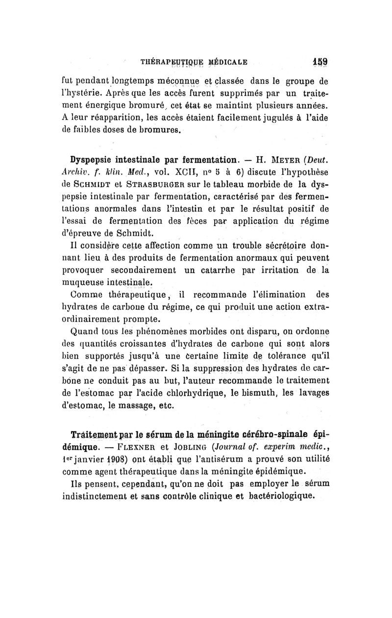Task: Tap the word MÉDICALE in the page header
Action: [x=223, y=63]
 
